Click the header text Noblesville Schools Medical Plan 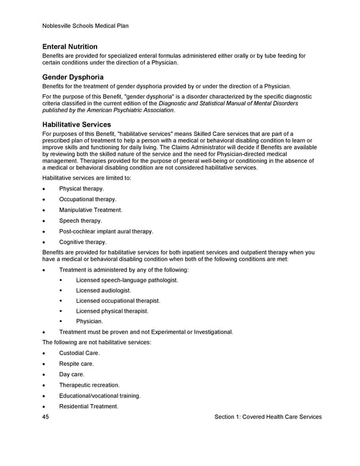point(86,26)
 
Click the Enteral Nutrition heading point(70,47)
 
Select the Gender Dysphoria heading point(73,77)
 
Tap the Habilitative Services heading point(76,124)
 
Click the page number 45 point(46,417)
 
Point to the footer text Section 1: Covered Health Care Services point(268,417)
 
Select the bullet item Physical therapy point(81,189)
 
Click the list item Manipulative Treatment point(90,210)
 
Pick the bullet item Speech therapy point(80,221)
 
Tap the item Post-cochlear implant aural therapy point(106,231)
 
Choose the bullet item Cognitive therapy point(83,242)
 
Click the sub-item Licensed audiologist point(103,290)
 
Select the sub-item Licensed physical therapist point(112,311)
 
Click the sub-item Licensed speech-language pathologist point(127,280)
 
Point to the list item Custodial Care point(79,353)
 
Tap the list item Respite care point(76,364)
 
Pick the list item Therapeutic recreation point(89,385)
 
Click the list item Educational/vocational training point(100,396)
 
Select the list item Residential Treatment point(88,407)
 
